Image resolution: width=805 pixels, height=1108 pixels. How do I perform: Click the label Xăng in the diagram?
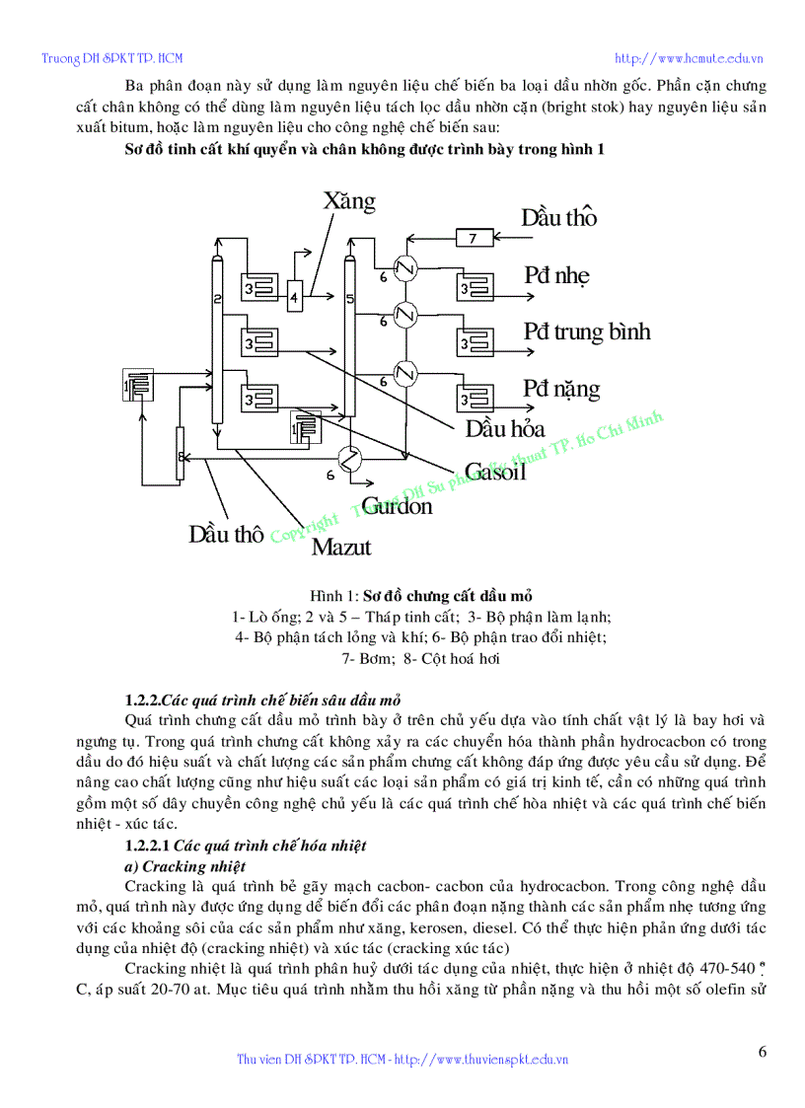(x=349, y=201)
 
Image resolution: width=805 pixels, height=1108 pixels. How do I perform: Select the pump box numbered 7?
(x=473, y=237)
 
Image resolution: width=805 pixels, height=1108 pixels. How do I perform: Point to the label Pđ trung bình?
(x=586, y=331)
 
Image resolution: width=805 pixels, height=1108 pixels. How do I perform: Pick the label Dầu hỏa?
(x=505, y=429)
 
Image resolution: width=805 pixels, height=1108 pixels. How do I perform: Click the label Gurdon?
(x=397, y=506)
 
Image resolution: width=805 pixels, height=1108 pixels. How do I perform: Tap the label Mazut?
(x=341, y=546)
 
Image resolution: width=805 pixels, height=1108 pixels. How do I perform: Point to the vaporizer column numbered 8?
(x=181, y=454)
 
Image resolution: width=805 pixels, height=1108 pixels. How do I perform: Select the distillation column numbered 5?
(x=348, y=335)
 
